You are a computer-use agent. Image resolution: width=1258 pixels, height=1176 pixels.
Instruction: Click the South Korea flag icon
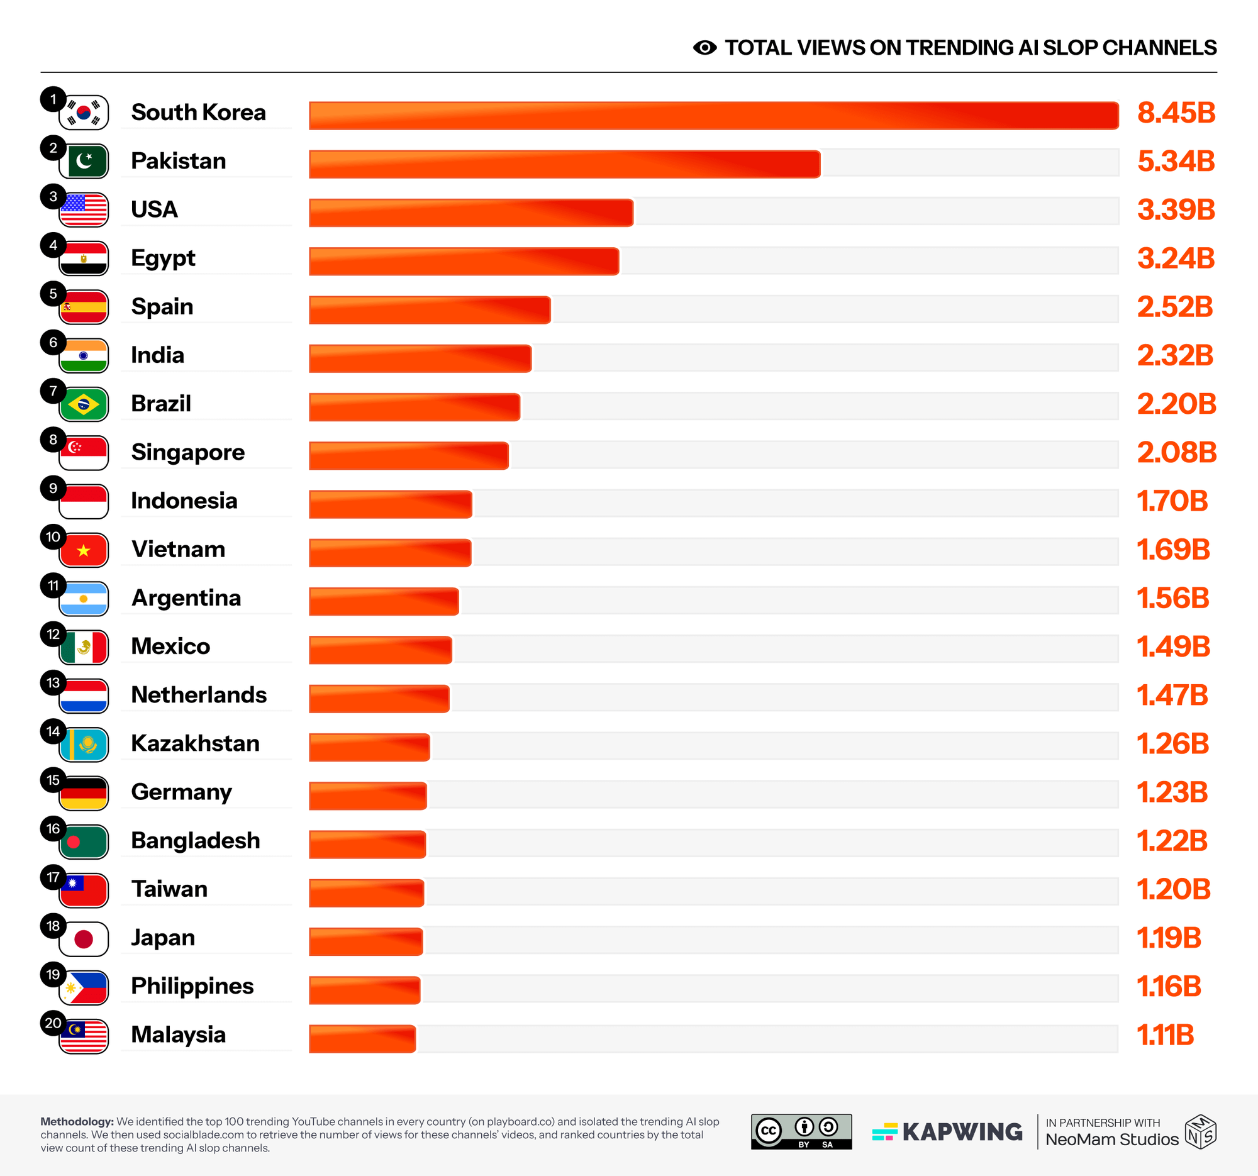pos(84,113)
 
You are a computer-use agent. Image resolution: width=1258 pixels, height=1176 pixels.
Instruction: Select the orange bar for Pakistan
pos(564,164)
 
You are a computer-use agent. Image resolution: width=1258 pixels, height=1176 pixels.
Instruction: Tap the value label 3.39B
pos(1176,210)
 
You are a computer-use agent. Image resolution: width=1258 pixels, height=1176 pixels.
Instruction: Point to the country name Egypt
pos(163,258)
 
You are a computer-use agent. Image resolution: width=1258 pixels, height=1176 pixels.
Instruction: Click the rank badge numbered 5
pos(53,294)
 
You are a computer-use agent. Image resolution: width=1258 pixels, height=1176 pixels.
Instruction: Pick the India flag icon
pos(84,355)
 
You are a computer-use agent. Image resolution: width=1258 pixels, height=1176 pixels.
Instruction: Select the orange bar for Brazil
pos(414,407)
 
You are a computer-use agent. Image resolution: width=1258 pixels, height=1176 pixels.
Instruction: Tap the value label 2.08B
pos(1176,452)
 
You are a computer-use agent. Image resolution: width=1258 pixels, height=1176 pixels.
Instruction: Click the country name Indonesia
pos(184,501)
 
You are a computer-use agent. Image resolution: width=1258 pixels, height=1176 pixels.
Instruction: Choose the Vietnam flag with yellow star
pos(84,550)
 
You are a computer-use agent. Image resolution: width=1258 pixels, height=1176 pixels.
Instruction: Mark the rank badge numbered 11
pos(53,585)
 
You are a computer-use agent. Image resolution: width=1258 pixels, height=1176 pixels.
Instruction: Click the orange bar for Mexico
pos(381,650)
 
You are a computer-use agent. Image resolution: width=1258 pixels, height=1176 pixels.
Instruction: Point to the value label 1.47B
pos(1172,696)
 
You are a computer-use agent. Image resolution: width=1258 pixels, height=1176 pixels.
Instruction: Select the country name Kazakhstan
pos(195,743)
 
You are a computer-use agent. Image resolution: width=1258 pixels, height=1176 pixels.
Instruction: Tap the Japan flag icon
pos(84,938)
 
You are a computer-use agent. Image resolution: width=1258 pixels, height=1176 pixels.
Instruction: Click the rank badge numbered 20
pos(53,1023)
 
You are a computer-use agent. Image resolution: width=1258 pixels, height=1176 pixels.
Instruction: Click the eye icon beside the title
pos(704,47)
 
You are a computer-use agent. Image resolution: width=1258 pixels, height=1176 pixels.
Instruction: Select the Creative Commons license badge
pos(801,1131)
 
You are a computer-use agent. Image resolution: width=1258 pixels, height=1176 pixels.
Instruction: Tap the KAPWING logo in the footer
pos(947,1132)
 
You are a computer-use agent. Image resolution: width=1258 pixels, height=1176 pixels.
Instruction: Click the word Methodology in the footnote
pos(77,1121)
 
